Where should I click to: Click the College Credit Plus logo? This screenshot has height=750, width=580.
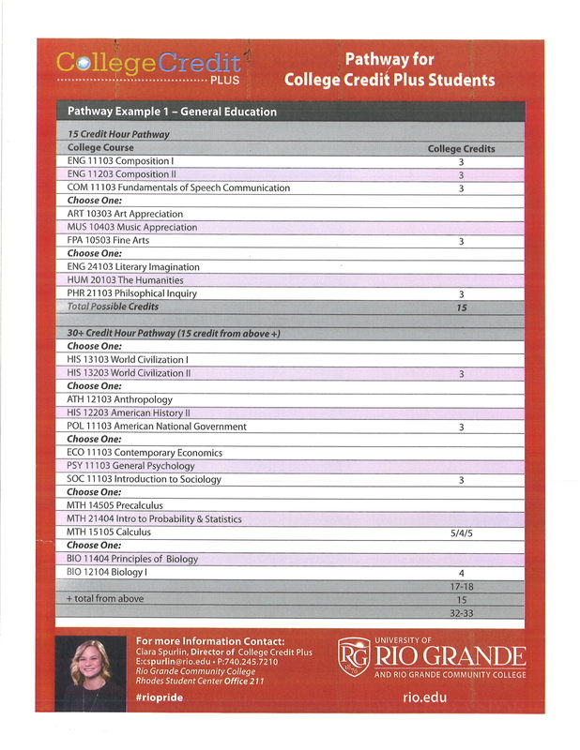click(148, 66)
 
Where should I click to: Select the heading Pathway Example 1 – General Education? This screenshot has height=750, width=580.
click(172, 112)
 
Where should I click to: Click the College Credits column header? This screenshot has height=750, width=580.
click(461, 148)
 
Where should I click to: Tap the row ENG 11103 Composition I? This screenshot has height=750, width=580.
click(121, 161)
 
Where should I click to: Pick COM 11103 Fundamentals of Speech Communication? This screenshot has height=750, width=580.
click(178, 187)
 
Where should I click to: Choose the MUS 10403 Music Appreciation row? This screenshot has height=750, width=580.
click(132, 227)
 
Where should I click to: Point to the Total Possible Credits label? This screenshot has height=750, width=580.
click(113, 307)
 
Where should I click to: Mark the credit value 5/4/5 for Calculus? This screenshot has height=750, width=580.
click(461, 532)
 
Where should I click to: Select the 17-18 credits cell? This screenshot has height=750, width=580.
click(461, 586)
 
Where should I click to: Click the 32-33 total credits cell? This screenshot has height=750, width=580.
click(461, 612)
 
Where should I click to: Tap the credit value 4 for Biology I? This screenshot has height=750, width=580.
click(461, 572)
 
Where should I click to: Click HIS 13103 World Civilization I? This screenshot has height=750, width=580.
click(128, 360)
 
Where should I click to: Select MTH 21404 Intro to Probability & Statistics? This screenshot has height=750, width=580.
click(154, 518)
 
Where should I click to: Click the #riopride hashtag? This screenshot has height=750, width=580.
click(160, 698)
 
